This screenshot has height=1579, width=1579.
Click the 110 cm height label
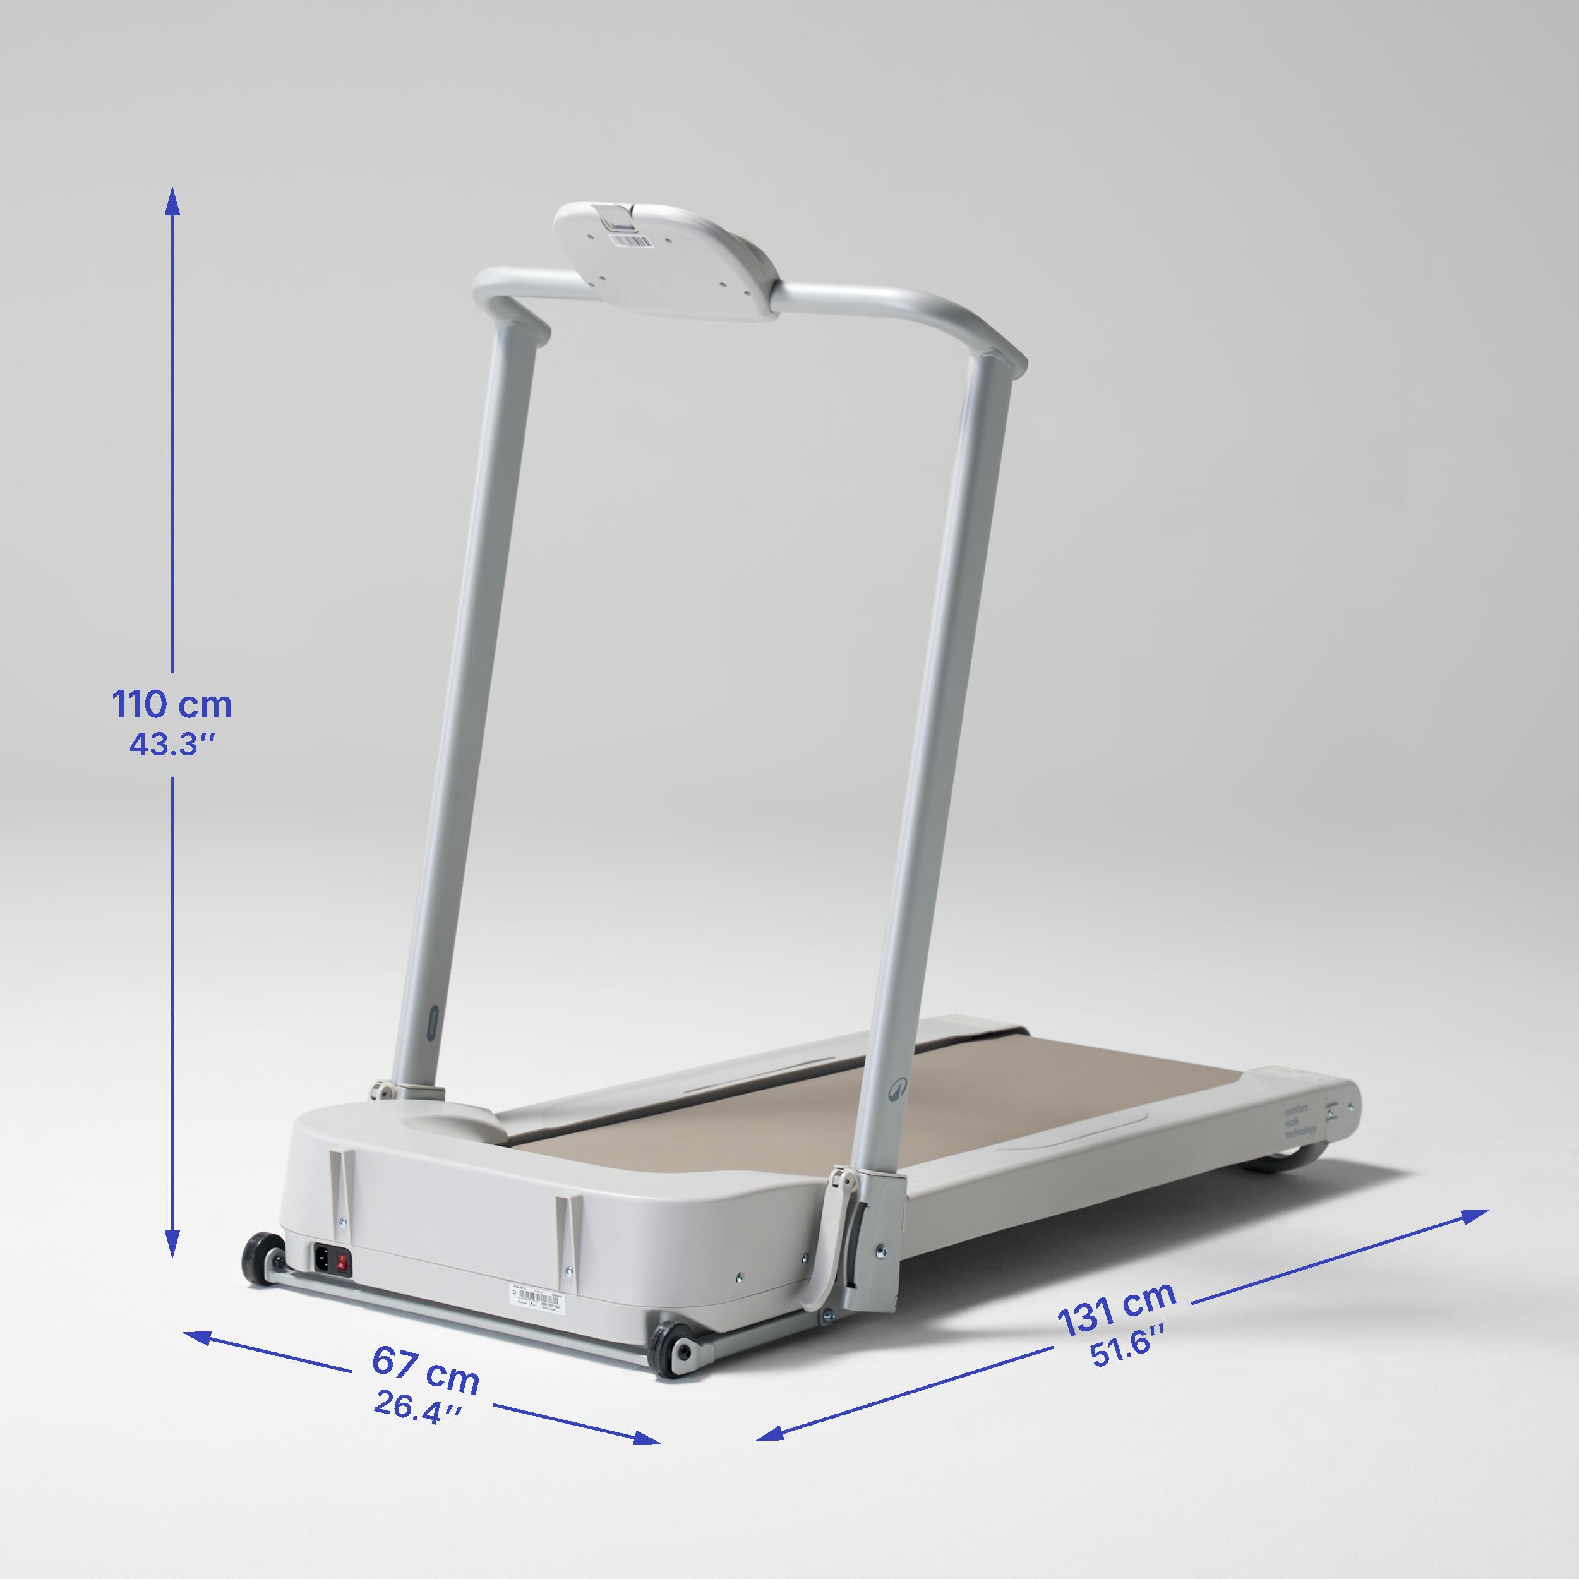pos(172,704)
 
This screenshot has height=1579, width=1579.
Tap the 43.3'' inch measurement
pos(172,745)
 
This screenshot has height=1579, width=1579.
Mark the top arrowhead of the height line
pos(172,196)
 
